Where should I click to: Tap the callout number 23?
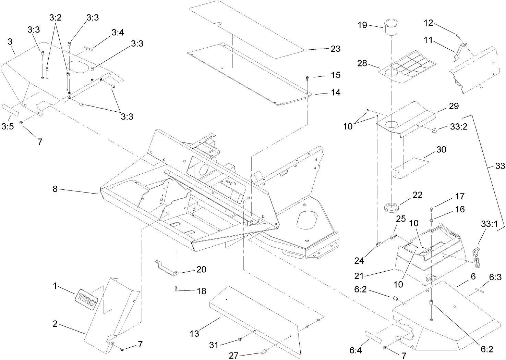click(335, 49)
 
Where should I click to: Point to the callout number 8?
click(55, 189)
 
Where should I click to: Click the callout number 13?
click(194, 333)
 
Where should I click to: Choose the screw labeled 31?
click(240, 339)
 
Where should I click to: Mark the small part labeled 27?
click(263, 352)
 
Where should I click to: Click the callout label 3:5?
click(8, 127)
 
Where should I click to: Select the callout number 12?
click(429, 23)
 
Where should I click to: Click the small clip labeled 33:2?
click(434, 130)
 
